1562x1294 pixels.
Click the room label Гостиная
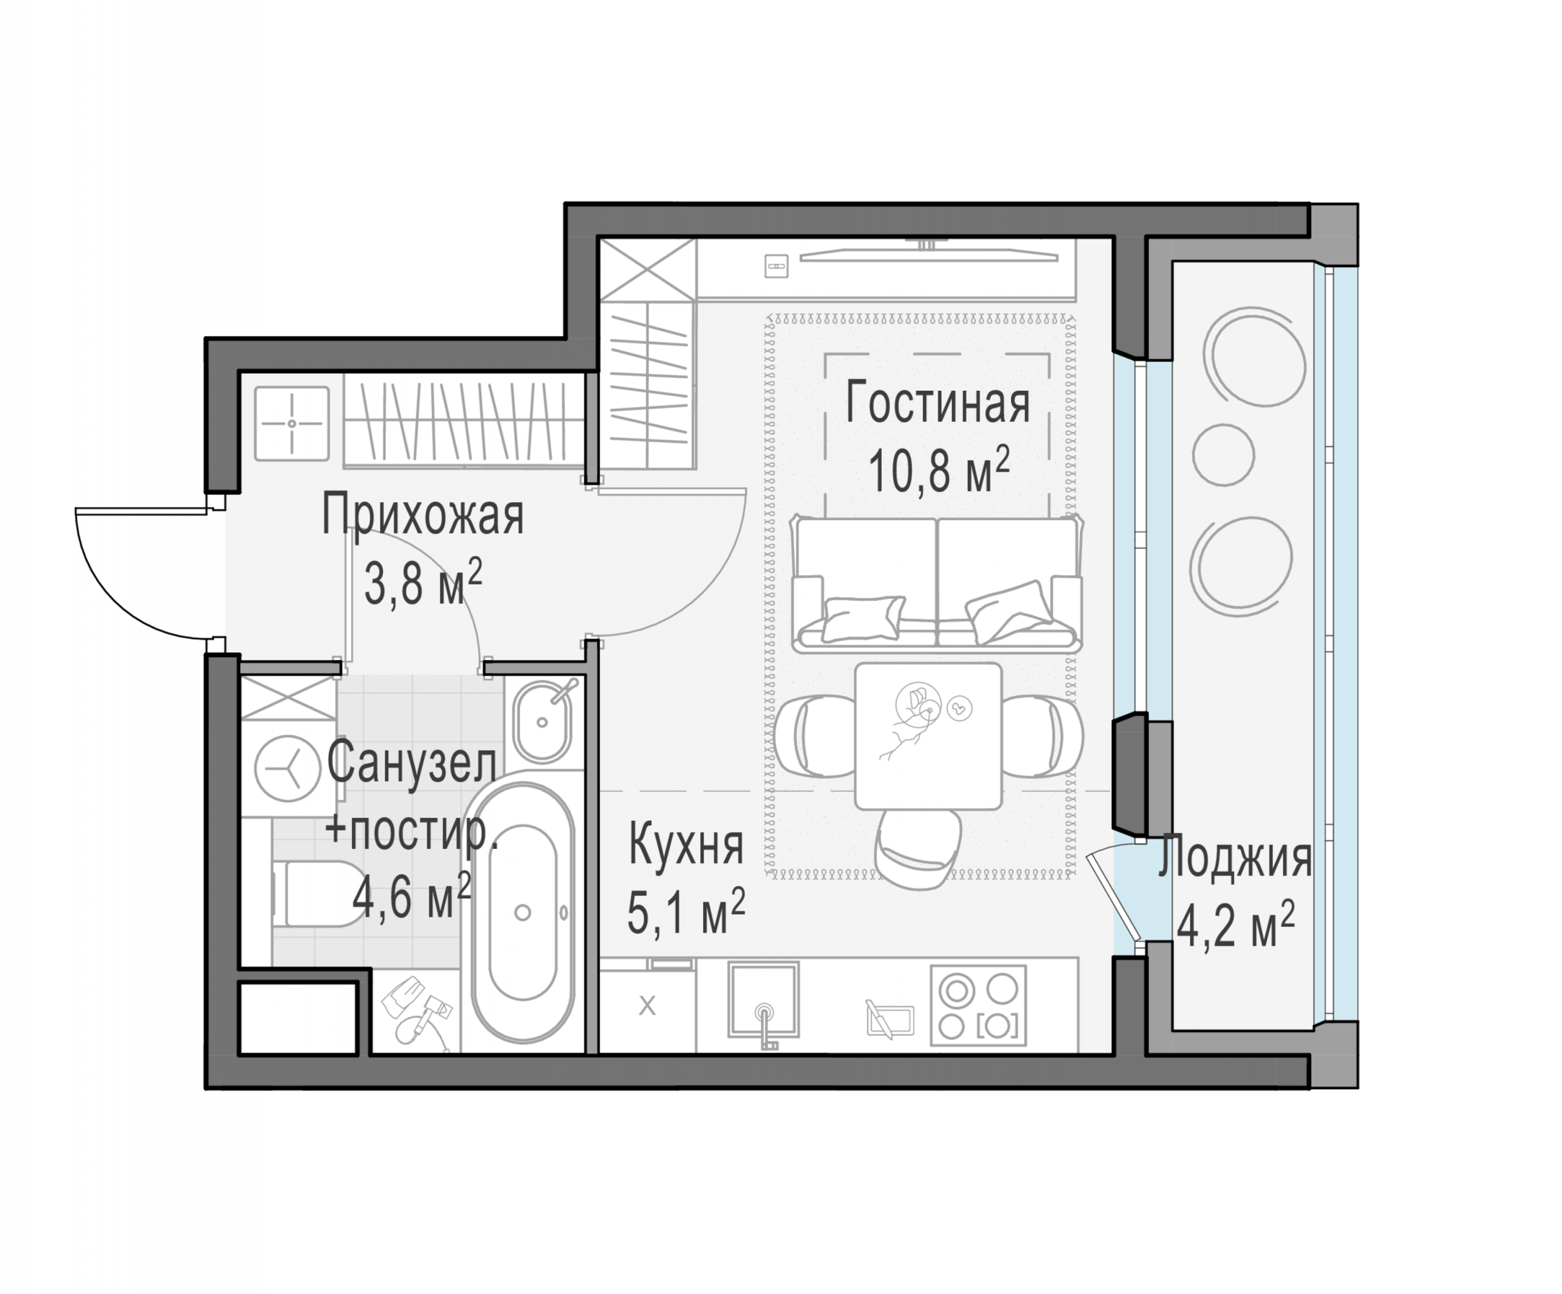[x=937, y=403]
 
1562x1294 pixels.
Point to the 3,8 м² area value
[x=422, y=582]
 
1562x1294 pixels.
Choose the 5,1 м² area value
[x=686, y=912]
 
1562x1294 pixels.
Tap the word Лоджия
[x=1235, y=858]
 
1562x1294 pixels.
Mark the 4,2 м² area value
[x=1235, y=926]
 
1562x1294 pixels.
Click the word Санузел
[x=412, y=763]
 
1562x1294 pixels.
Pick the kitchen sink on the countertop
[x=763, y=1000]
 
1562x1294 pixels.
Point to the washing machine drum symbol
[x=288, y=768]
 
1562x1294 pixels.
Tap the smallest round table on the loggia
[x=1224, y=455]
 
